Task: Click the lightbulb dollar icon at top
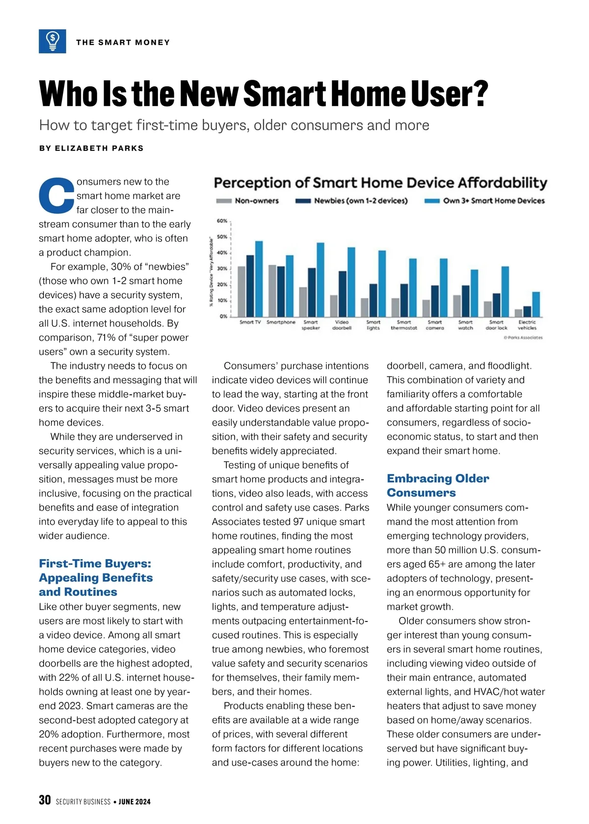pyautogui.click(x=53, y=41)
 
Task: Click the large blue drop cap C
pyautogui.click(x=56, y=196)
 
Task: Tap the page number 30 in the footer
pyautogui.click(x=45, y=800)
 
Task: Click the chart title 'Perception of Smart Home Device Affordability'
pyautogui.click(x=380, y=183)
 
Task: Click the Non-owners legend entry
pyautogui.click(x=248, y=201)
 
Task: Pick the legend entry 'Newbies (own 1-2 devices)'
pyautogui.click(x=351, y=201)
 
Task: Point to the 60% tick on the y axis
pyautogui.click(x=222, y=221)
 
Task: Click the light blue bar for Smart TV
pyautogui.click(x=259, y=279)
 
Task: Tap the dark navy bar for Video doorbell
pyautogui.click(x=343, y=294)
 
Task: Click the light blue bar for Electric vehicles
pyautogui.click(x=536, y=304)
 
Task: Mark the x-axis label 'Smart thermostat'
pyautogui.click(x=404, y=325)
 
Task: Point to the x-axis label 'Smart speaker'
pyautogui.click(x=311, y=325)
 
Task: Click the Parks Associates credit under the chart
pyautogui.click(x=523, y=337)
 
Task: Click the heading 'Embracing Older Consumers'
pyautogui.click(x=438, y=485)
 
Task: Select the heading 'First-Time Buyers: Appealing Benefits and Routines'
pyautogui.click(x=96, y=577)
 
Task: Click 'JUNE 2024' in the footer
pyautogui.click(x=134, y=802)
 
